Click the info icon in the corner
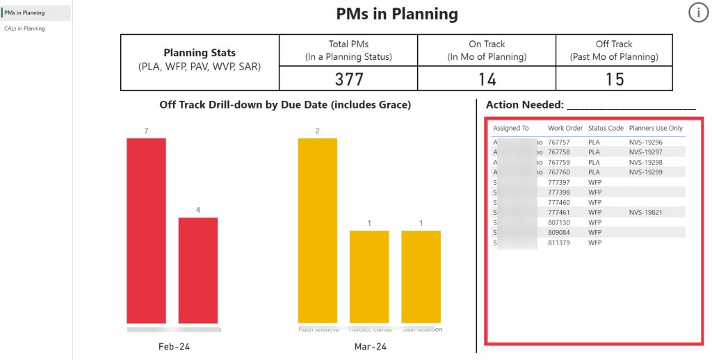pyautogui.click(x=698, y=13)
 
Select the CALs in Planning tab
pyautogui.click(x=24, y=28)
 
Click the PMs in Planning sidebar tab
pyautogui.click(x=25, y=13)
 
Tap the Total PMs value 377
pyautogui.click(x=349, y=79)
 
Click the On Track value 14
pyautogui.click(x=487, y=79)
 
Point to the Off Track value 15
pyautogui.click(x=614, y=79)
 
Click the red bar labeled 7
pyautogui.click(x=146, y=230)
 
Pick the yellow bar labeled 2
pyautogui.click(x=317, y=230)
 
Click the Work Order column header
pyautogui.click(x=565, y=129)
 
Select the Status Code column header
pyautogui.click(x=606, y=129)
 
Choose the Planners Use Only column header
pyautogui.click(x=656, y=129)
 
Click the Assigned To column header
pyautogui.click(x=511, y=129)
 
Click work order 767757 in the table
pyautogui.click(x=559, y=142)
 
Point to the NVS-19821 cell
pyautogui.click(x=645, y=213)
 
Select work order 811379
pyautogui.click(x=559, y=243)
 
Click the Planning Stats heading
pyautogui.click(x=200, y=53)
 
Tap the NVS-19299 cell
pyautogui.click(x=645, y=172)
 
